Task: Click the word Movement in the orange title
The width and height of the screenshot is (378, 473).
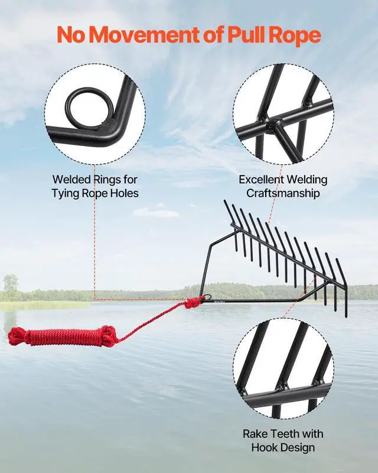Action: coord(141,35)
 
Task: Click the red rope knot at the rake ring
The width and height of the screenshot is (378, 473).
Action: coord(194,303)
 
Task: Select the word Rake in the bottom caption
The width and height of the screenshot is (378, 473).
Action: coord(255,434)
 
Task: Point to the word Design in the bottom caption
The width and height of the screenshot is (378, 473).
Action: coord(300,448)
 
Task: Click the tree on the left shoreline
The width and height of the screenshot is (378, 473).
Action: coord(10,286)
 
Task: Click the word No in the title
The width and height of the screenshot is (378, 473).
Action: coord(70,35)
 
